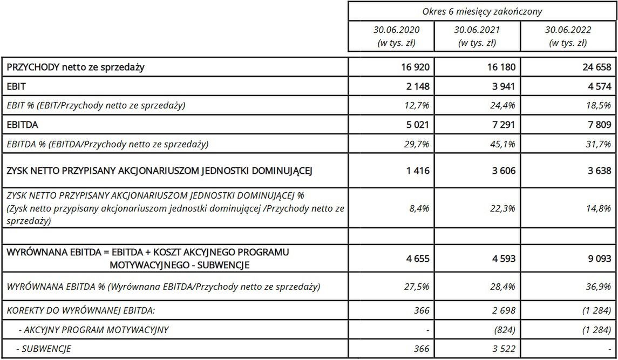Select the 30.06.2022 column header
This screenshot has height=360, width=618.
[x=568, y=36]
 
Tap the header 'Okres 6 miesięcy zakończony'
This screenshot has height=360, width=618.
[x=482, y=11]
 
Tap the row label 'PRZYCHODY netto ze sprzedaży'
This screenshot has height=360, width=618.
[x=75, y=67]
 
